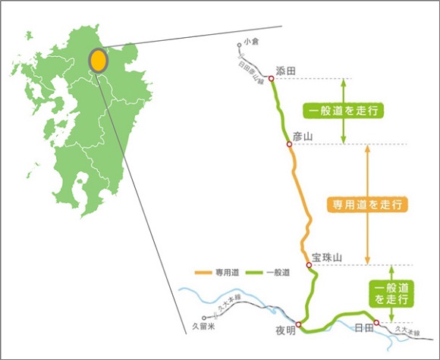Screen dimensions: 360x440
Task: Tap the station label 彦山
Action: click(302, 136)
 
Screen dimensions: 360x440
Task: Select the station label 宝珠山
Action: click(328, 258)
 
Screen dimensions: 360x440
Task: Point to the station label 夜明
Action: click(284, 331)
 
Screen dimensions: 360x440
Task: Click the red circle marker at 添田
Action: click(271, 79)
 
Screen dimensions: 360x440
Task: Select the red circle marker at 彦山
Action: click(289, 144)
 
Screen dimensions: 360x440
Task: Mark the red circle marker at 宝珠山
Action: click(309, 265)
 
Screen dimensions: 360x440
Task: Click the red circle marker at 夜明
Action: click(298, 325)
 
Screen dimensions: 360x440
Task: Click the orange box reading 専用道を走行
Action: click(368, 205)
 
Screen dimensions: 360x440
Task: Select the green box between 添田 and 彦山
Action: click(341, 111)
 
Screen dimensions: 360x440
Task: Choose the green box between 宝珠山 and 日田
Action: click(391, 293)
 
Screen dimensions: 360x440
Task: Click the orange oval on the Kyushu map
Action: click(97, 60)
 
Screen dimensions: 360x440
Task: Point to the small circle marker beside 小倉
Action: click(239, 45)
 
